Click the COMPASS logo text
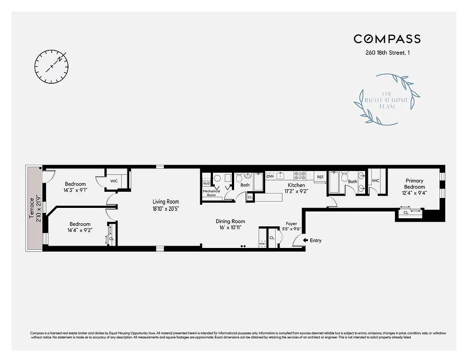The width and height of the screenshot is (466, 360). click(x=387, y=39)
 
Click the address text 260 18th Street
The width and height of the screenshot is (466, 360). click(x=387, y=53)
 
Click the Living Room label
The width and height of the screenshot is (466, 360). click(x=166, y=202)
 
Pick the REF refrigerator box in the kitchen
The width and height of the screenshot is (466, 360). click(x=320, y=177)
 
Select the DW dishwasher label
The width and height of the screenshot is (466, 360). click(x=270, y=176)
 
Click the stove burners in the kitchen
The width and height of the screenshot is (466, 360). click(x=300, y=175)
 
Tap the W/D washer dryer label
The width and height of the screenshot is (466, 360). click(x=206, y=184)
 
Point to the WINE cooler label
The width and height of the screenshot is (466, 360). click(x=262, y=243)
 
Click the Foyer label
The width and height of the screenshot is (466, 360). click(x=292, y=223)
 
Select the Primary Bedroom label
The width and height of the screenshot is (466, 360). click(x=414, y=184)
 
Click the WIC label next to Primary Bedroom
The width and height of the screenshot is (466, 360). click(x=376, y=181)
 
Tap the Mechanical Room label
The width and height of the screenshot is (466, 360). click(x=211, y=193)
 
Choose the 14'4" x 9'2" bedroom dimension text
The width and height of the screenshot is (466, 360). click(x=80, y=230)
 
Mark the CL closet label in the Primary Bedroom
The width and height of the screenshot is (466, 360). click(x=406, y=212)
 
